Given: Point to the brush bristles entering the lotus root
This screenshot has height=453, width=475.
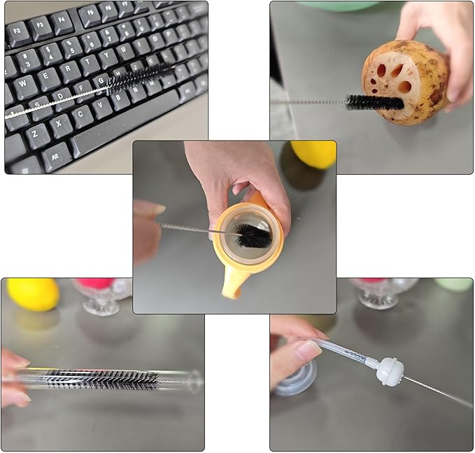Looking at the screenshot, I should pos(374,102).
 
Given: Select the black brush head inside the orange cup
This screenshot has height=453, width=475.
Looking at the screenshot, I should pos(252,236).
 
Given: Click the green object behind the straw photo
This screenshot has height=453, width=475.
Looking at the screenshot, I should pos(453,284).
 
